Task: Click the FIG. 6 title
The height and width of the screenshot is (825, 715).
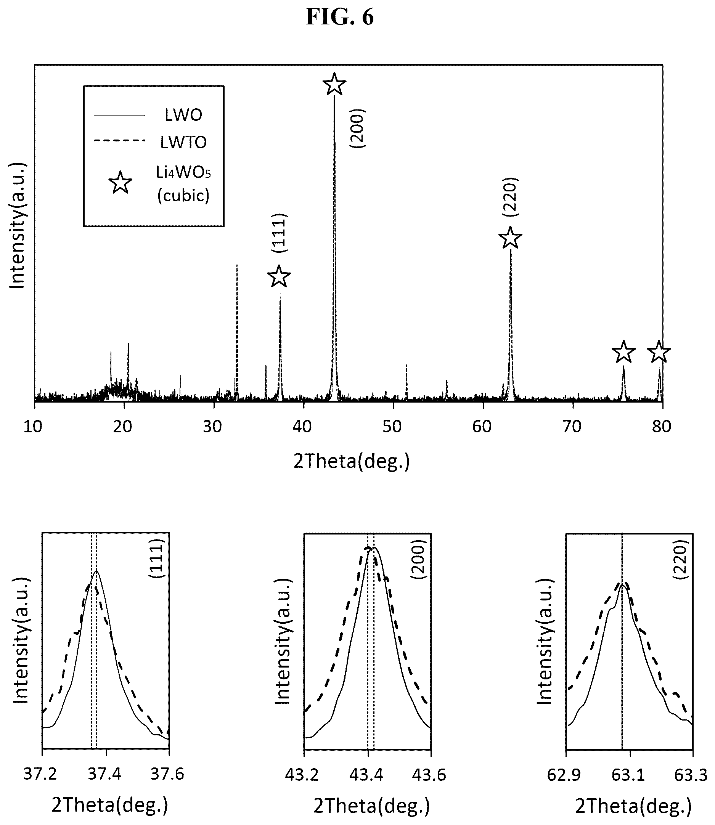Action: tap(339, 17)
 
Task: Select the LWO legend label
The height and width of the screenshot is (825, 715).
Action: tap(183, 115)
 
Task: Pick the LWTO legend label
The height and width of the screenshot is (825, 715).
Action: tap(183, 143)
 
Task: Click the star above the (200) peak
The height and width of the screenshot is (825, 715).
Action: tap(334, 84)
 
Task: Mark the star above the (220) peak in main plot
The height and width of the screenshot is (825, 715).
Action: tap(511, 238)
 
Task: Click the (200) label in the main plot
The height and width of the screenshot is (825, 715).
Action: tap(357, 128)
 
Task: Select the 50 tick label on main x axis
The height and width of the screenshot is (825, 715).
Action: tap(392, 427)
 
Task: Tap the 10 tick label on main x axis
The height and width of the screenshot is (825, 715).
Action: tap(33, 427)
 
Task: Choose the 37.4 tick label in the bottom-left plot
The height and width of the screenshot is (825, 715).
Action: tap(104, 774)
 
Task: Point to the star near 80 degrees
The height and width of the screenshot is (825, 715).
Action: tap(659, 352)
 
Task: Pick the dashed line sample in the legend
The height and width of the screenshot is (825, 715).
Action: tap(119, 141)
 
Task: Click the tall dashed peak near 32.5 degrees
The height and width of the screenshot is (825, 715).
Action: tap(237, 331)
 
